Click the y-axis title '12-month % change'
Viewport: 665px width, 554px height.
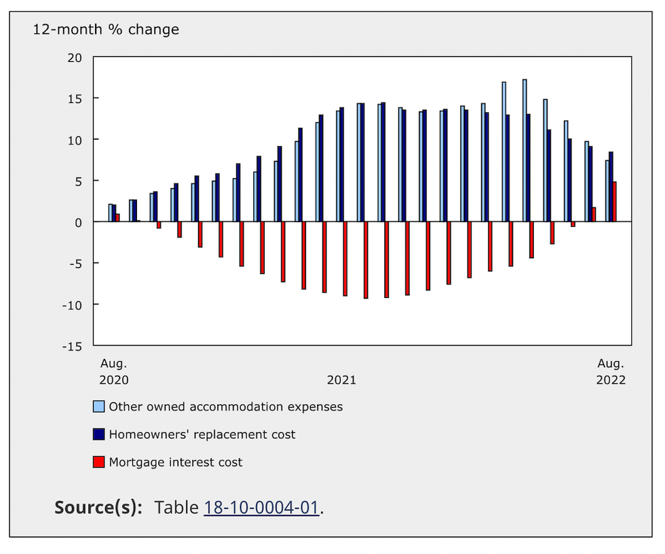click(106, 30)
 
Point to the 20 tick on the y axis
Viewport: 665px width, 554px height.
click(74, 58)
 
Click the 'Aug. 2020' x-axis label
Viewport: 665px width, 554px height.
click(114, 371)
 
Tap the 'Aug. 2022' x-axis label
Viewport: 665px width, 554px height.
click(611, 371)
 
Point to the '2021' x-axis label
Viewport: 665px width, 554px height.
click(341, 380)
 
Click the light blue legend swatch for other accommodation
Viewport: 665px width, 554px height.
click(99, 407)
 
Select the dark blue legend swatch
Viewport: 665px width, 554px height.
click(99, 435)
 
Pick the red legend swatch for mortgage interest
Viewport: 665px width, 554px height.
click(99, 462)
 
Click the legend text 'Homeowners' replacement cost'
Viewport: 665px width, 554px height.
click(202, 435)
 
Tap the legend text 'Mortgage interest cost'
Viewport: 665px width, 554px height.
click(176, 462)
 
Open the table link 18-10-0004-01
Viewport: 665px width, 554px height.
click(261, 508)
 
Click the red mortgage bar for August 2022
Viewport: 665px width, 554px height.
click(615, 202)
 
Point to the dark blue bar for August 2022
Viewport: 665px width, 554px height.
click(611, 187)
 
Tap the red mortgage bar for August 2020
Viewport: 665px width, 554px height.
click(118, 218)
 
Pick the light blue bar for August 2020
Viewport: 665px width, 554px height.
click(110, 213)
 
